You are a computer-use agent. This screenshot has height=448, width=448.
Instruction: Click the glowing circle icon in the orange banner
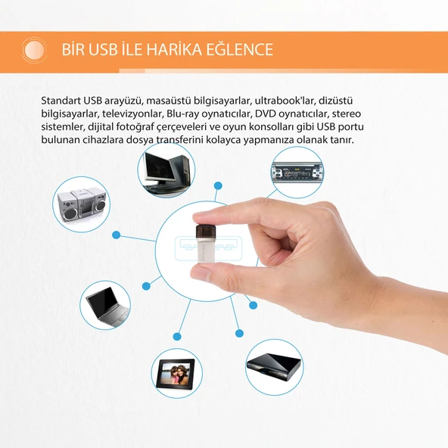point(34,50)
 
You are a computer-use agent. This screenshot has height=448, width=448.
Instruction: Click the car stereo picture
point(297,173)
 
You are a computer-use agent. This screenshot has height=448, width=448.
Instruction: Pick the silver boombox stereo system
point(82,204)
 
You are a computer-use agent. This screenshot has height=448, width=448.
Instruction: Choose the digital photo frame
point(176,373)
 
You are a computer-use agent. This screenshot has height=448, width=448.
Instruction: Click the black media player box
point(274,367)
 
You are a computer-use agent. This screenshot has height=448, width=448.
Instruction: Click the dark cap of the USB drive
point(205,231)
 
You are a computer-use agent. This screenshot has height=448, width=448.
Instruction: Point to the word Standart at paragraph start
point(61,101)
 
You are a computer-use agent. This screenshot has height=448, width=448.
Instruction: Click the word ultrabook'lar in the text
point(285,101)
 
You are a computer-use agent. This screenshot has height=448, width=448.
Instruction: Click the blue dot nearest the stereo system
point(117,235)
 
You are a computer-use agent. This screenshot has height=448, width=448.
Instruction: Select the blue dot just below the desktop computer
point(218,185)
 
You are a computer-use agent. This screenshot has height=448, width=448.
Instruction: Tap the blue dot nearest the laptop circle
point(146,286)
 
